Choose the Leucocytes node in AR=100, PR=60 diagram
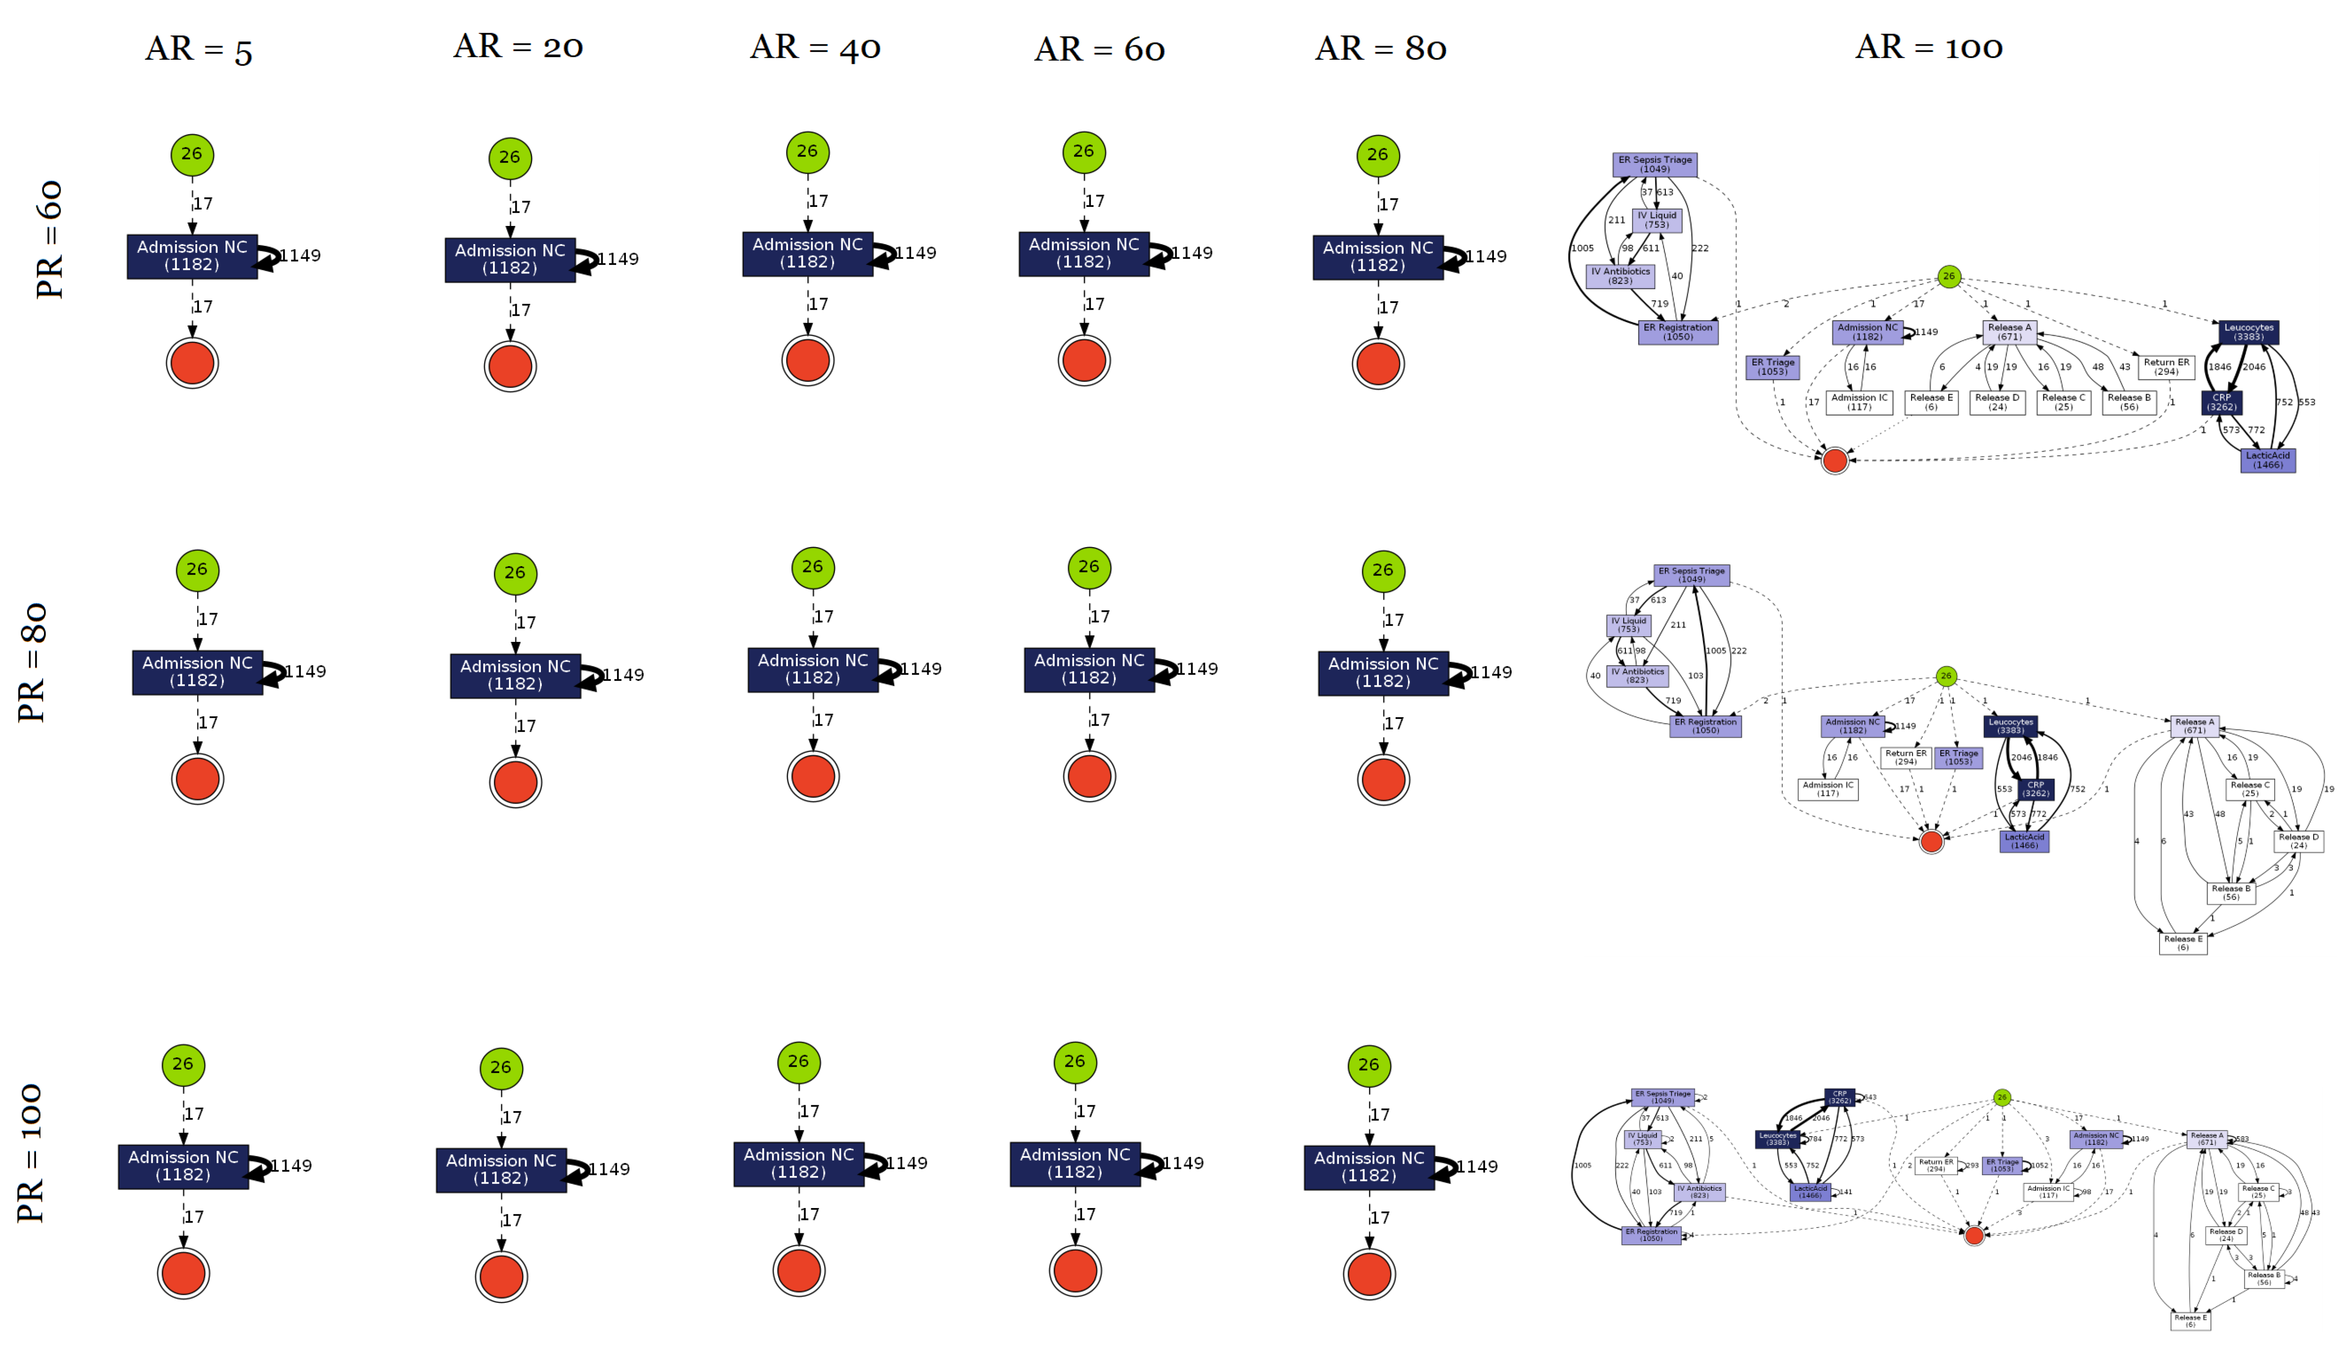[x=2248, y=332]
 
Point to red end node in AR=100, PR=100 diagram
[x=1974, y=1236]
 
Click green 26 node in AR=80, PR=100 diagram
[x=1368, y=1065]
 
